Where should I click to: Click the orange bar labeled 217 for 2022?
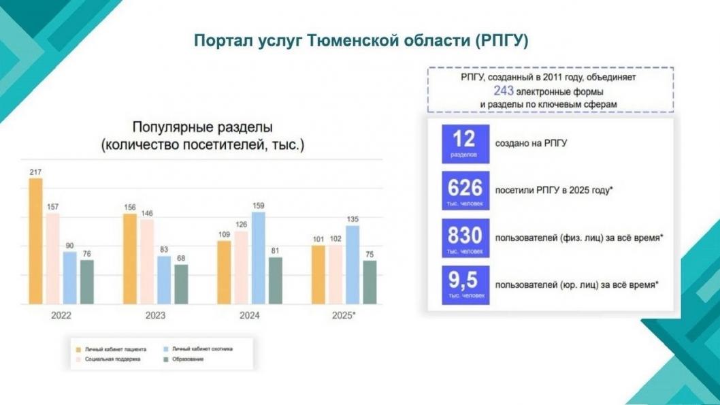35,241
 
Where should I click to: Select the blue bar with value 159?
259,257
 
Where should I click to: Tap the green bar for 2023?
180,284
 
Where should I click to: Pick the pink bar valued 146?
146,261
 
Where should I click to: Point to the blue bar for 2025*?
353,264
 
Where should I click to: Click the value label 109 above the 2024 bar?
224,235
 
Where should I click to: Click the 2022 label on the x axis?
61,316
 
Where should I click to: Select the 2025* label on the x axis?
344,316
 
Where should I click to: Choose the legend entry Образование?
189,359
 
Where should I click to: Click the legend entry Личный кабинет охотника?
201,349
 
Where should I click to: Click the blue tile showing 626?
465,191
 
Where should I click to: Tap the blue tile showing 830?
465,238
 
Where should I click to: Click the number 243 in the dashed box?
504,91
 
